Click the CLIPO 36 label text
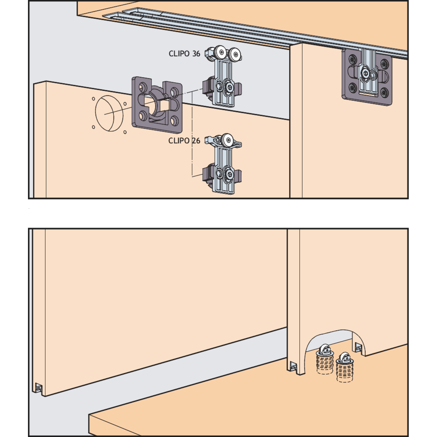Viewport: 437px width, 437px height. [x=184, y=54]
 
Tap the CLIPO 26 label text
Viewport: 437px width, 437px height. [x=184, y=141]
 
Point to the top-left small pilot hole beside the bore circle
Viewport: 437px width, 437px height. [x=94, y=99]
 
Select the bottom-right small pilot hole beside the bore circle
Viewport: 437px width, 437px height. [x=125, y=132]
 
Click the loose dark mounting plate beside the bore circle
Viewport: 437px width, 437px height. [x=157, y=105]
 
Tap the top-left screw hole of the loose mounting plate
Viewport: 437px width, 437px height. [x=143, y=87]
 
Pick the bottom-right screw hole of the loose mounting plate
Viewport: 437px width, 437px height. [x=175, y=121]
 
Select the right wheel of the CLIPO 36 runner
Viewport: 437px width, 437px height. [x=235, y=54]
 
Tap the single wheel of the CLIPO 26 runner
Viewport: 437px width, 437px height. [x=227, y=140]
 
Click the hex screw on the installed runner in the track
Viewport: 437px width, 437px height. [x=365, y=73]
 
